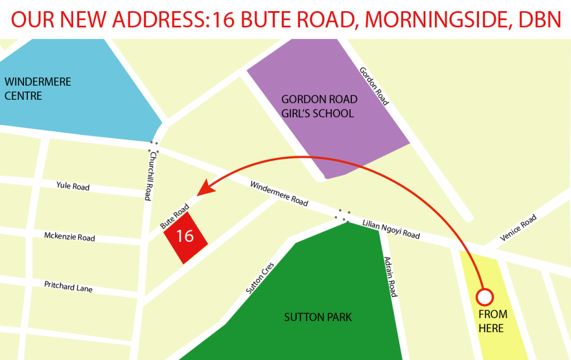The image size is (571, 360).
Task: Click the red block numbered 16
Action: click(x=185, y=237)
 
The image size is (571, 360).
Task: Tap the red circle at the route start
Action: click(x=484, y=296)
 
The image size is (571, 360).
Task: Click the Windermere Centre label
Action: click(x=38, y=89)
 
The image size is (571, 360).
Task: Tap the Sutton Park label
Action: click(x=318, y=317)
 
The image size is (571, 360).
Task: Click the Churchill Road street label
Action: click(x=148, y=178)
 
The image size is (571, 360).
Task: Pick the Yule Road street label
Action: click(x=73, y=187)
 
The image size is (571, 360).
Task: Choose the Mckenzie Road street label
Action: click(x=70, y=237)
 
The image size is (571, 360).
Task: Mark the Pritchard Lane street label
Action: click(x=69, y=286)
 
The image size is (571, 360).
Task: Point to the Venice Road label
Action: click(x=518, y=227)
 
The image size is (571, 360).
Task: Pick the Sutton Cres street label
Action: click(x=260, y=278)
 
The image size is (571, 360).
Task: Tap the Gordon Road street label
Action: click(x=374, y=86)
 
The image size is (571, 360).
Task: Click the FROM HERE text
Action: click(x=491, y=322)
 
